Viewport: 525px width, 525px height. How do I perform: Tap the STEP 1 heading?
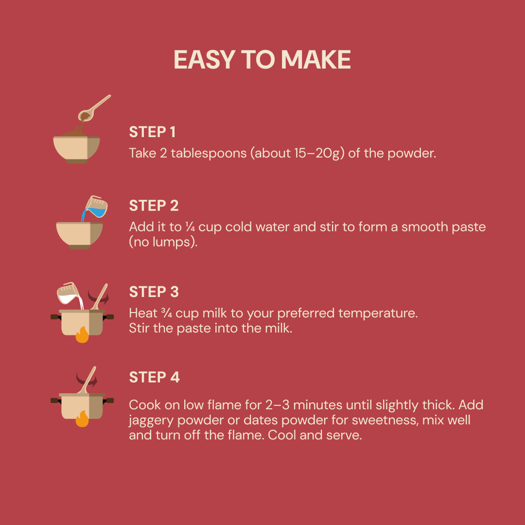(x=152, y=132)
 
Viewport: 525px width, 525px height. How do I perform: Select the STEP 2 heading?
(x=154, y=206)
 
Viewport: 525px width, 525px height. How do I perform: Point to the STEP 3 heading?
(x=154, y=292)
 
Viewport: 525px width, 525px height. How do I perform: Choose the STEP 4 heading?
(x=155, y=377)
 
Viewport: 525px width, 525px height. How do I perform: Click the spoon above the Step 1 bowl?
(x=94, y=108)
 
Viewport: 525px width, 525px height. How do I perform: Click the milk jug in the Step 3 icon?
(x=69, y=293)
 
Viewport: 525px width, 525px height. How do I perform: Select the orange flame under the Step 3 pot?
(x=82, y=334)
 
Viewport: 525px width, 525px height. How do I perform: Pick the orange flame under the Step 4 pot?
(x=82, y=419)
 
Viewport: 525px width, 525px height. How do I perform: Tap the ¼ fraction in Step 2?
(x=190, y=227)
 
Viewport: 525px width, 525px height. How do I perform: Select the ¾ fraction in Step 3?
(x=167, y=313)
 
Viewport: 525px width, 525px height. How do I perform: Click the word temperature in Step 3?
(x=378, y=314)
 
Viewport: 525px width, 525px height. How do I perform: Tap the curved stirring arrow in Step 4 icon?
(x=87, y=380)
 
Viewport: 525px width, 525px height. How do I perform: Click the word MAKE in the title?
(x=316, y=60)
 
